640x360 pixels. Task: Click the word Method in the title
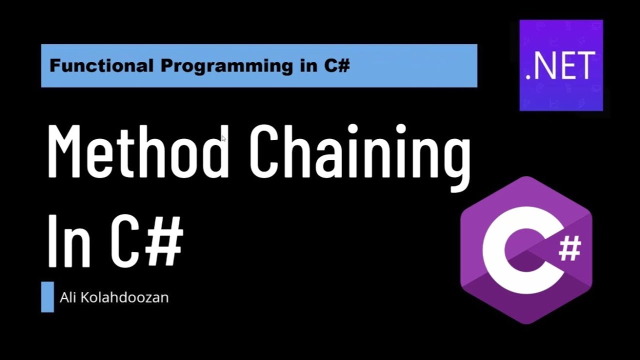pyautogui.click(x=138, y=151)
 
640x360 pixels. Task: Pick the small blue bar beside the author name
pyautogui.click(x=47, y=297)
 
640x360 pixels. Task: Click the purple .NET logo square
pyautogui.click(x=561, y=65)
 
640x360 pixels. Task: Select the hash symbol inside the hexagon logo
pyautogui.click(x=569, y=248)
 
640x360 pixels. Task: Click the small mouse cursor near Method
pyautogui.click(x=223, y=138)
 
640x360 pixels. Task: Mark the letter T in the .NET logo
pyautogui.click(x=585, y=66)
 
